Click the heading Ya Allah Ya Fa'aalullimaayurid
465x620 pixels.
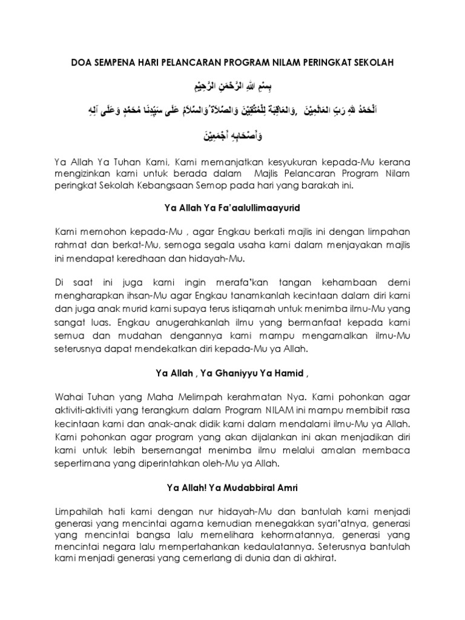232,208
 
